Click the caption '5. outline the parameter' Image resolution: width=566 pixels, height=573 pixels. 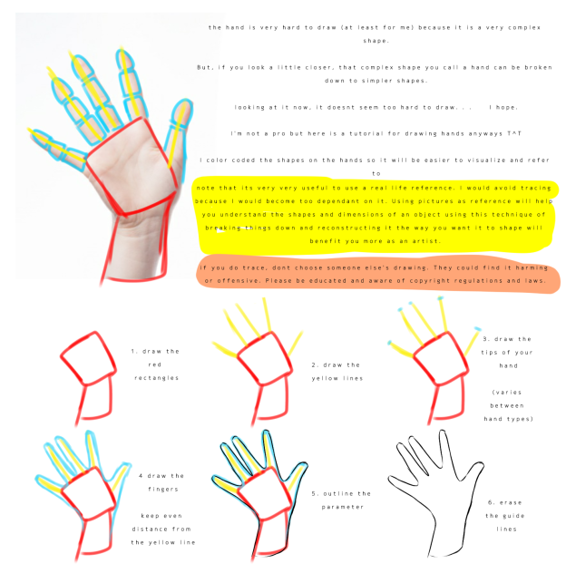point(340,500)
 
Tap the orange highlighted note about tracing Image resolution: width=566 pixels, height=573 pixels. point(378,274)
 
